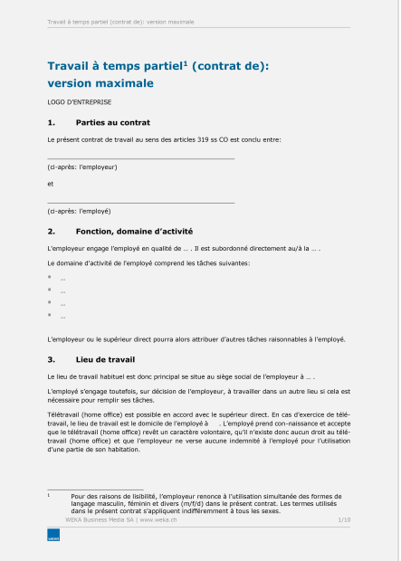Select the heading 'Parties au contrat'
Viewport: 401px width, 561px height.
tap(113, 121)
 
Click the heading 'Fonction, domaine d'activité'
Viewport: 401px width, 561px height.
tap(134, 231)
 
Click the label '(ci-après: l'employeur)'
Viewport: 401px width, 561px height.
tap(81, 167)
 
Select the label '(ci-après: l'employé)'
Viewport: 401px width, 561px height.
tap(79, 210)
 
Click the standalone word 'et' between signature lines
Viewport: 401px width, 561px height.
tap(50, 183)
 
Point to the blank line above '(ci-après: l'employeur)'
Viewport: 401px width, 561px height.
tap(140, 158)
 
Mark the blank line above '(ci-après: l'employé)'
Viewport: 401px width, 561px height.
tap(140, 201)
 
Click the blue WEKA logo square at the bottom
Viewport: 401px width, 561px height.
tap(53, 537)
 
